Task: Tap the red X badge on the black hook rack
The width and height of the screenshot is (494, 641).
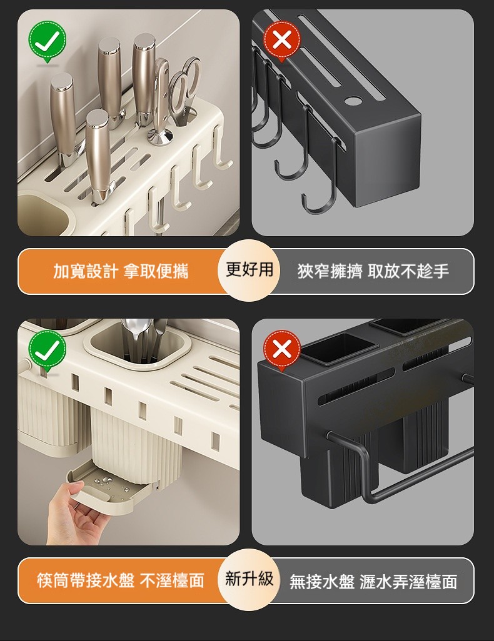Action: click(x=282, y=40)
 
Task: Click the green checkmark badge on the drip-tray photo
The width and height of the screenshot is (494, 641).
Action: click(x=47, y=350)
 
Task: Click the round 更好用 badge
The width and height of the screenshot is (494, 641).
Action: click(x=249, y=271)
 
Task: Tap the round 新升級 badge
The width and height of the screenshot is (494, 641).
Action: click(x=249, y=580)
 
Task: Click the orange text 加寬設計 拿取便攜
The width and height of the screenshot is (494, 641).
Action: click(x=121, y=271)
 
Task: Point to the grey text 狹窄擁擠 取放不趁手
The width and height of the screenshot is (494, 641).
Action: click(x=373, y=271)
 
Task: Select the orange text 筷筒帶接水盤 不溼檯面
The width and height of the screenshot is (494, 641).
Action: click(x=120, y=580)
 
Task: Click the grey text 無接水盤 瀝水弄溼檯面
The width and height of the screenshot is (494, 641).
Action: click(x=373, y=581)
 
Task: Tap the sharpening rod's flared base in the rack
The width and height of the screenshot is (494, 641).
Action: click(x=161, y=136)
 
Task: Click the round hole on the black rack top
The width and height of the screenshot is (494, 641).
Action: click(x=351, y=100)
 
